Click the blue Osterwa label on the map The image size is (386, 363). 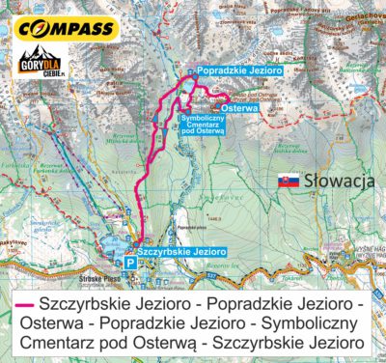point(239,109)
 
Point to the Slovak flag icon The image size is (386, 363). point(287,181)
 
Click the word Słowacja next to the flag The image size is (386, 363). point(334,181)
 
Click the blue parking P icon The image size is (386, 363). point(130,262)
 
